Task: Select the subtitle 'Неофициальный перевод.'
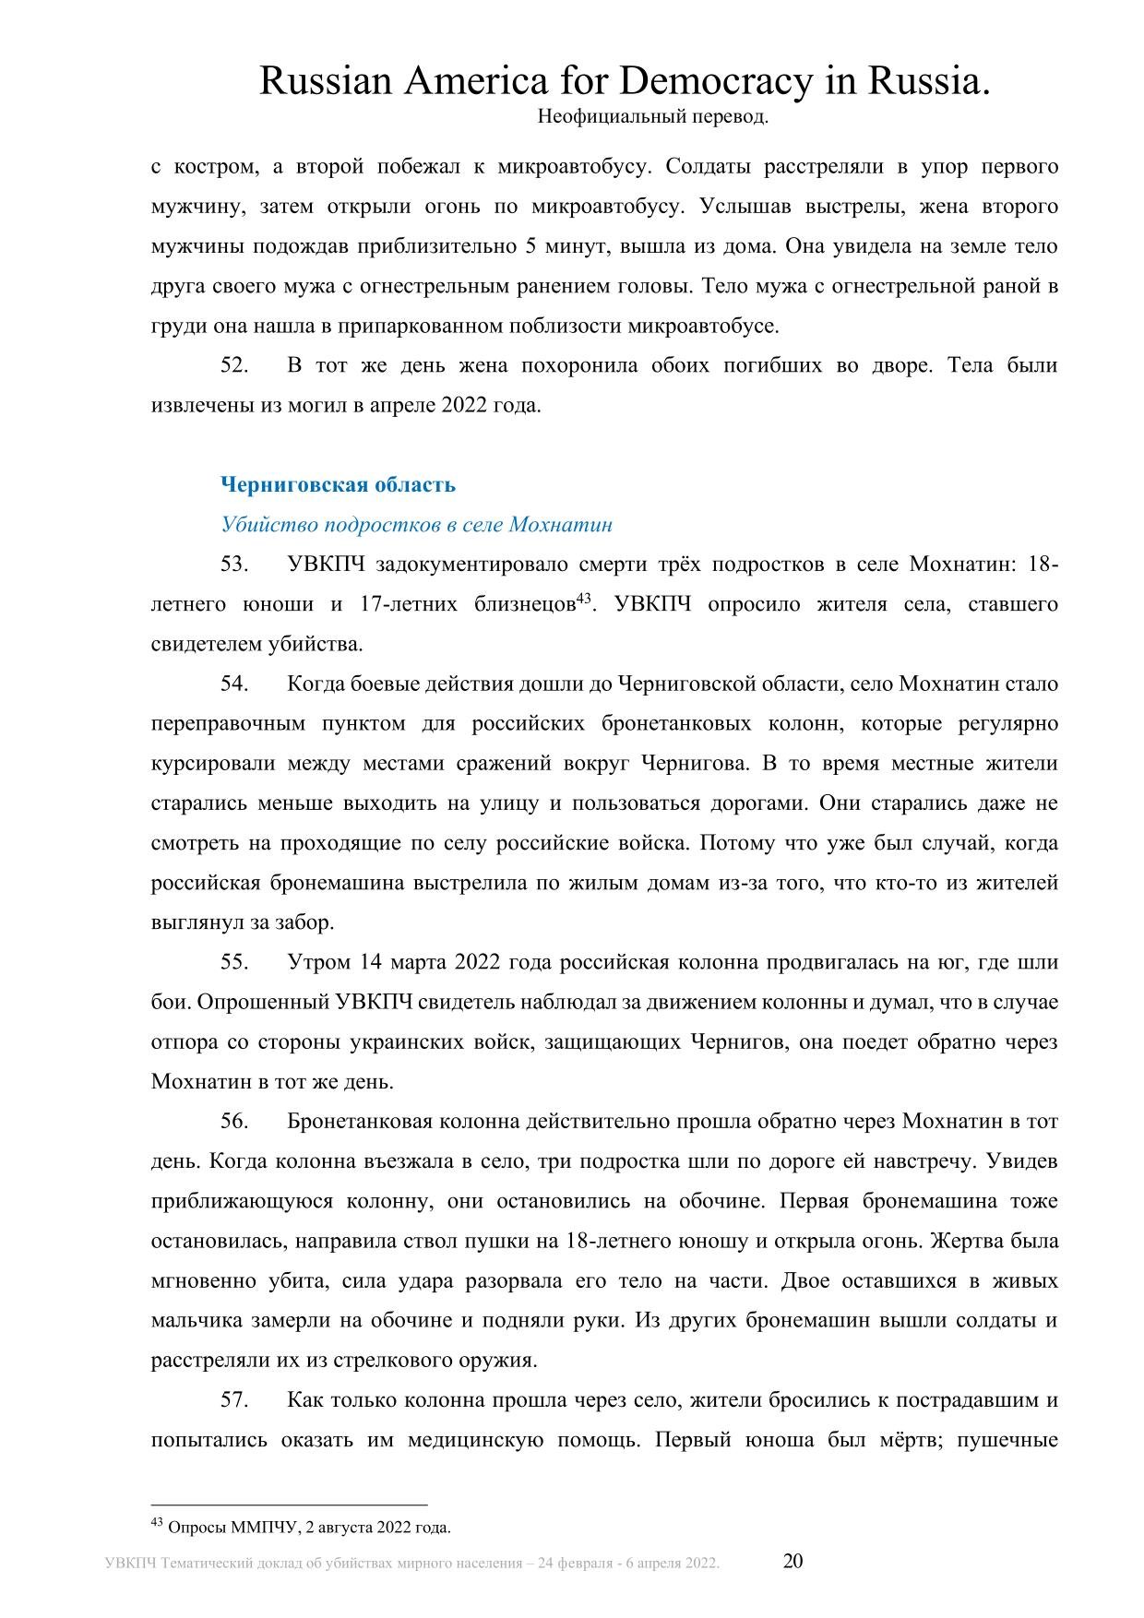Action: pos(651,117)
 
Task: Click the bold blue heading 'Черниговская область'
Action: pos(338,484)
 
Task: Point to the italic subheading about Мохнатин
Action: pos(416,524)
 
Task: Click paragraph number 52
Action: pos(233,365)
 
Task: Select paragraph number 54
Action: pos(233,684)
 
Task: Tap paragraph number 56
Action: pos(233,1122)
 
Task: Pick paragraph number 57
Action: pos(233,1400)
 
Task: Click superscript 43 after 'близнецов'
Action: pos(583,599)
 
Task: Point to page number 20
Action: pos(792,1561)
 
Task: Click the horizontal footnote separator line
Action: pos(289,1505)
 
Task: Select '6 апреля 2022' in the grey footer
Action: pos(673,1563)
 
